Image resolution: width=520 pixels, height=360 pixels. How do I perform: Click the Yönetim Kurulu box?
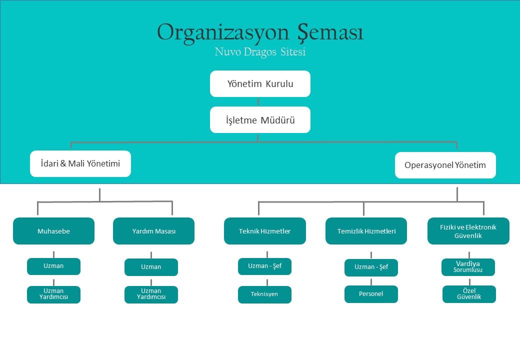click(260, 84)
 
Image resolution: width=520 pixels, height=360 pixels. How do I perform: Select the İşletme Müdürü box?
click(260, 119)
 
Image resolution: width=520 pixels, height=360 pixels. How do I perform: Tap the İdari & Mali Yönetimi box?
click(80, 164)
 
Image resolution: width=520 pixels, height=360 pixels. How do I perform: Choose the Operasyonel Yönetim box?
click(445, 165)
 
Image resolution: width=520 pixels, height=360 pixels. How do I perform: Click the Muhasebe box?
click(53, 231)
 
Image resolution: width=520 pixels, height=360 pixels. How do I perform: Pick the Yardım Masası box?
click(153, 231)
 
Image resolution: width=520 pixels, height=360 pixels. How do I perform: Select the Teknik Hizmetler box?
click(265, 231)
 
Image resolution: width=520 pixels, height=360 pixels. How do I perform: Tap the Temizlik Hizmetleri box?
click(366, 231)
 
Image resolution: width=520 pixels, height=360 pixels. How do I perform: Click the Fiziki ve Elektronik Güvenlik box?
click(468, 231)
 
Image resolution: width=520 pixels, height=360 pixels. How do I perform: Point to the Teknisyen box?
click(264, 294)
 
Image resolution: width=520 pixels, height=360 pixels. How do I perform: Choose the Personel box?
click(371, 294)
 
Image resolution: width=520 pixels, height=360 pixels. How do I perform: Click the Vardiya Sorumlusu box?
click(468, 267)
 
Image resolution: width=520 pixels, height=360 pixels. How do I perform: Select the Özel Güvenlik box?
click(469, 294)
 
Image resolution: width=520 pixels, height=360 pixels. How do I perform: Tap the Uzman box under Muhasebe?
click(53, 266)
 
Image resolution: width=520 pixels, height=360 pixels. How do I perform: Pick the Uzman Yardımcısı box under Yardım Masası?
click(151, 294)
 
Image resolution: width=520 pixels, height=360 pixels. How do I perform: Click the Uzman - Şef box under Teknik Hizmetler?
click(264, 266)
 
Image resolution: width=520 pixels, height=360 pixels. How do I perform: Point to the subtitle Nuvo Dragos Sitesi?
click(260, 52)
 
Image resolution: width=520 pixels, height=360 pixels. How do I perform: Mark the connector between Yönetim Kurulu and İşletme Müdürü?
click(258, 102)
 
